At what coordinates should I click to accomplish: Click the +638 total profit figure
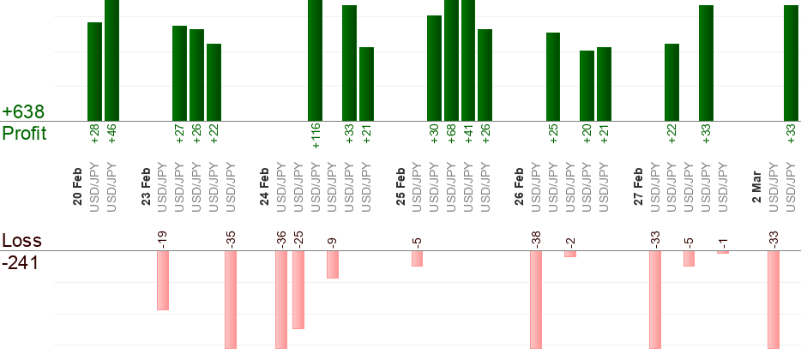click(x=23, y=112)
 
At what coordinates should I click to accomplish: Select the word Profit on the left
click(x=24, y=134)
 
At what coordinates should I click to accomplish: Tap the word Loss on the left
click(x=21, y=240)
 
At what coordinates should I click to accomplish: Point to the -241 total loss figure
click(x=21, y=262)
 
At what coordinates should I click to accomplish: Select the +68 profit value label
click(x=451, y=134)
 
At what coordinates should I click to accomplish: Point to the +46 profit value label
click(x=111, y=134)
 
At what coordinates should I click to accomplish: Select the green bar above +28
click(x=94, y=72)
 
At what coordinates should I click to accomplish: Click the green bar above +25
click(x=553, y=77)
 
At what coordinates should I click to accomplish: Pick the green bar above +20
click(x=587, y=86)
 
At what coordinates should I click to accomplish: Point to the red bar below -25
click(x=298, y=290)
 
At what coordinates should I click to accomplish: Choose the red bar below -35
click(x=230, y=299)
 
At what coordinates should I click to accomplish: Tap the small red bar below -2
click(x=570, y=254)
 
